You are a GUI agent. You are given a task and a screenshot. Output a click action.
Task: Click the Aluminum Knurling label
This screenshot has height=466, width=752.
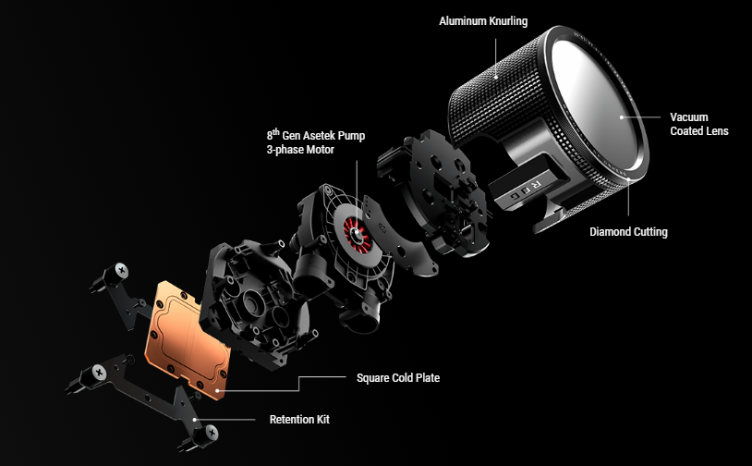point(483,21)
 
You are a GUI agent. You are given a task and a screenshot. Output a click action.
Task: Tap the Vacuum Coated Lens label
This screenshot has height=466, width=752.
point(698,124)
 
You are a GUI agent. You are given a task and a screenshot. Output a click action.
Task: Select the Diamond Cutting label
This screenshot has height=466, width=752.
point(628,232)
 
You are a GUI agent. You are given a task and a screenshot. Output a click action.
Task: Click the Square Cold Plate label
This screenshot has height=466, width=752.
point(398,377)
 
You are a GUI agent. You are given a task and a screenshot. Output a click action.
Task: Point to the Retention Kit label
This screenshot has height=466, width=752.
point(299,420)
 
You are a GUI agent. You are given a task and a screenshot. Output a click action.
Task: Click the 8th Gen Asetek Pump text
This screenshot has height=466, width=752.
point(316,135)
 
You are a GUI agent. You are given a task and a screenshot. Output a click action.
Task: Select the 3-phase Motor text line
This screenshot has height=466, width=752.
point(300,150)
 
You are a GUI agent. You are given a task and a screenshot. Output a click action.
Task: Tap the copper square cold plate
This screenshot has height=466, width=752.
point(188,339)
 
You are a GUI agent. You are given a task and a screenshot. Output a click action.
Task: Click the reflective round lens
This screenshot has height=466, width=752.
point(596,103)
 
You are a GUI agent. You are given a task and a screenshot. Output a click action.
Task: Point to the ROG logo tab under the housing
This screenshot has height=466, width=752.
point(524,189)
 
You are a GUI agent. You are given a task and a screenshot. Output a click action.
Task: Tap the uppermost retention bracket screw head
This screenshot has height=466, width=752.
point(121,270)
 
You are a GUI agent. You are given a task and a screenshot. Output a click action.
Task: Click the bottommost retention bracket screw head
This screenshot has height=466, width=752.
point(211,434)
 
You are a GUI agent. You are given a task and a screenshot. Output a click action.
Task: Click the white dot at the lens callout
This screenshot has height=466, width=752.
point(621,117)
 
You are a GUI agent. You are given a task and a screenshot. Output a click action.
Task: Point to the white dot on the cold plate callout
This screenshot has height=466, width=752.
point(218,390)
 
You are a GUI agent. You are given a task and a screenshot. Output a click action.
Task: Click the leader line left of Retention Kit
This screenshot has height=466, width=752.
point(224,420)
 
